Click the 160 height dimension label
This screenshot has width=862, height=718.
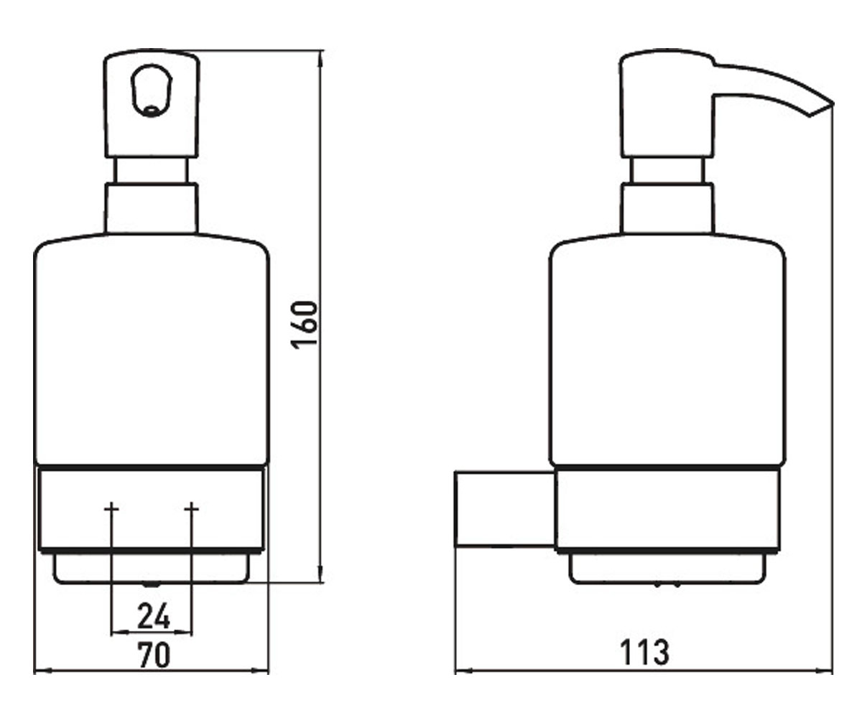pyautogui.click(x=305, y=325)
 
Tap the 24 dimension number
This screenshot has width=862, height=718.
pyautogui.click(x=153, y=615)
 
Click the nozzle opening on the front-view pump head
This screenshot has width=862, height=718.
pyautogui.click(x=152, y=110)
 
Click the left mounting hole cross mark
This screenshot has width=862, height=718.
pyautogui.click(x=111, y=509)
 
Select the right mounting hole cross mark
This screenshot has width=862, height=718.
pyautogui.click(x=192, y=509)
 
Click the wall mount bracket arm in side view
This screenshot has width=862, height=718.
pyautogui.click(x=504, y=510)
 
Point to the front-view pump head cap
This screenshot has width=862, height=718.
pyautogui.click(x=152, y=104)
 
